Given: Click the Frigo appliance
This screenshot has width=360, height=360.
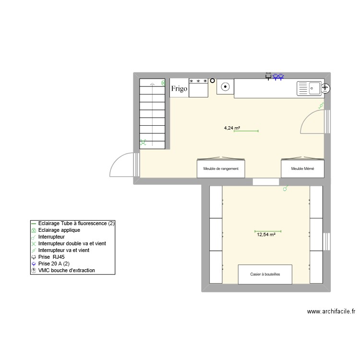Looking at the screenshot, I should (x=179, y=88).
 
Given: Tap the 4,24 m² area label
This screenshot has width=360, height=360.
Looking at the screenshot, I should (x=232, y=128).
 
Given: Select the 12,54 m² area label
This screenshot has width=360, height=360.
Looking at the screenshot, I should (x=266, y=235).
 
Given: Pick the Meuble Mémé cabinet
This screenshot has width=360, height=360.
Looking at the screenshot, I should (x=302, y=168).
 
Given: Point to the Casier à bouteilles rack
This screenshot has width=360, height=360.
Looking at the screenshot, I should (x=265, y=274).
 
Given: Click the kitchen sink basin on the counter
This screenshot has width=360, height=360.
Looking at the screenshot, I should (x=309, y=88).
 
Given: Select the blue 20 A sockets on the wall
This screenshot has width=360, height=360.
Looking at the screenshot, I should (x=278, y=76).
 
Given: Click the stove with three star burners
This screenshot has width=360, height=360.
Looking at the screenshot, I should (x=198, y=88).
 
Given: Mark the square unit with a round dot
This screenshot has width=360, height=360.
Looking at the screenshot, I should (x=225, y=87).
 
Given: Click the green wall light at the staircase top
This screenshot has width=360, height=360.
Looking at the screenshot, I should (x=163, y=83).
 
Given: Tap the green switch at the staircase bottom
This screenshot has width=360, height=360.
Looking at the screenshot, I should (x=143, y=142).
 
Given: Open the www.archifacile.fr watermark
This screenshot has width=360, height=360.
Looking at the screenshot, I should (x=331, y=312).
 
